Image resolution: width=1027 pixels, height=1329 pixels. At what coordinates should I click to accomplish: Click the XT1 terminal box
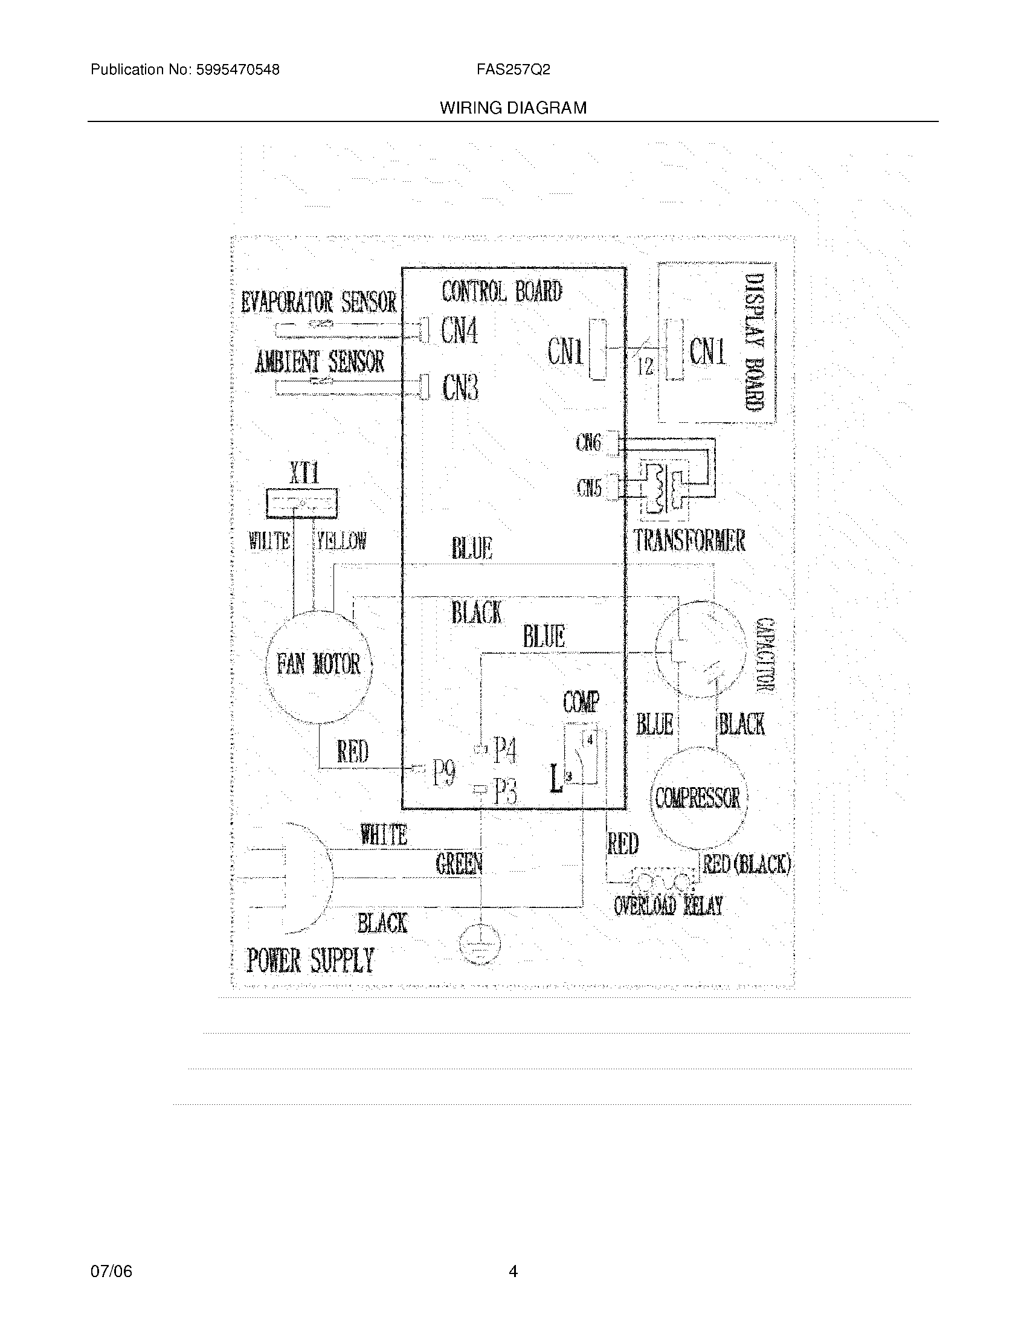(x=302, y=503)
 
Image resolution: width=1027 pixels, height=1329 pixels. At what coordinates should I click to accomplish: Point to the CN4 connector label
(x=459, y=332)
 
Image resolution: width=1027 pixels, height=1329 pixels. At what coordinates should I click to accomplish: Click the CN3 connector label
(x=460, y=387)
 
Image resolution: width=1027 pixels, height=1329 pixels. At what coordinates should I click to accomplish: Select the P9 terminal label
(x=443, y=774)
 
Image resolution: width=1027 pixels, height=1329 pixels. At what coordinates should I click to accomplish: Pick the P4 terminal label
(x=504, y=750)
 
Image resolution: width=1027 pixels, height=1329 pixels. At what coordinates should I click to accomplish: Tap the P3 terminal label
(x=505, y=792)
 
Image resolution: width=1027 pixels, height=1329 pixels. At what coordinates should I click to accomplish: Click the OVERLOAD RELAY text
(x=668, y=906)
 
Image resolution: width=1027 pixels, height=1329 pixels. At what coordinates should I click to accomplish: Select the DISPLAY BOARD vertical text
(x=754, y=343)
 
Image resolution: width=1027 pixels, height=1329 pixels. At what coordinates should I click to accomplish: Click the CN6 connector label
(x=588, y=443)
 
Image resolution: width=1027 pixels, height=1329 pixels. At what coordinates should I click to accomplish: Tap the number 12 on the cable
(x=646, y=366)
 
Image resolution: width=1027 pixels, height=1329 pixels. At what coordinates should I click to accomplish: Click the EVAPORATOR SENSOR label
(x=319, y=302)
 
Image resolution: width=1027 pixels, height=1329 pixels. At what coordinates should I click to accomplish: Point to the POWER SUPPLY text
(x=310, y=961)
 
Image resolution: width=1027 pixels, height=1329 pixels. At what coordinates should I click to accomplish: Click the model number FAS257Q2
(x=513, y=69)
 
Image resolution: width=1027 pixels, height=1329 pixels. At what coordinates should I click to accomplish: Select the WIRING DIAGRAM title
(x=513, y=108)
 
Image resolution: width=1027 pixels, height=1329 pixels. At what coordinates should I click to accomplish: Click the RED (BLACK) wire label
(x=747, y=864)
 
